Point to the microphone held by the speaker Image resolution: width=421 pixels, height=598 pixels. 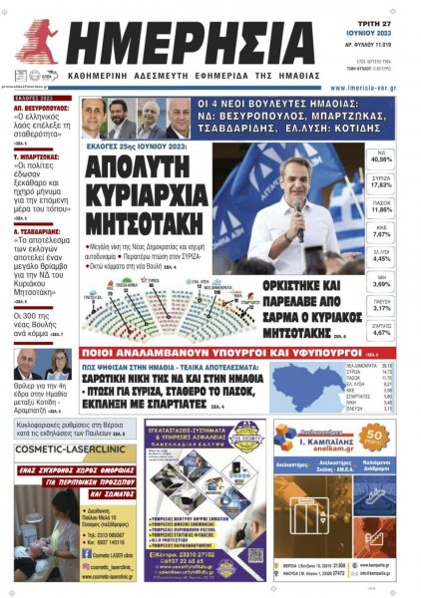point(296,210)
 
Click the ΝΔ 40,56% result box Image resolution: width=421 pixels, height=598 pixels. point(381,155)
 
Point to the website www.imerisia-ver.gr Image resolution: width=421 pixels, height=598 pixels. point(349,87)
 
